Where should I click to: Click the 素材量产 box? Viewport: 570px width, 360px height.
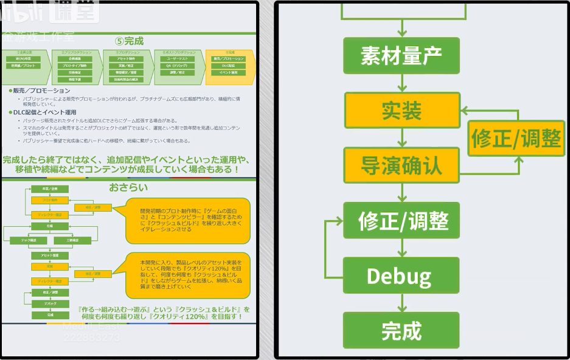tap(401, 56)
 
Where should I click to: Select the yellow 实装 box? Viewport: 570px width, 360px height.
tap(401, 111)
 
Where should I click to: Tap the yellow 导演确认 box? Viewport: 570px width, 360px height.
tap(401, 165)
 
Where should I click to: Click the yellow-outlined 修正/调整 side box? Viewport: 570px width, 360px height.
tap(516, 138)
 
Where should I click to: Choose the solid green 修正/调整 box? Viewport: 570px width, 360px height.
tap(401, 220)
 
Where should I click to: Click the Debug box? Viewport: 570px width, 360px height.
tap(401, 276)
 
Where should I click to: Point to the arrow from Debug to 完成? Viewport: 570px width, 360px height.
tap(401, 303)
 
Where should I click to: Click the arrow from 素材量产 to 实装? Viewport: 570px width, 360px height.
tap(401, 83)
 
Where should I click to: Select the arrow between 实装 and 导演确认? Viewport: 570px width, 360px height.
tap(401, 138)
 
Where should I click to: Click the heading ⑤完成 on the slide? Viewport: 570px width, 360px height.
tap(129, 41)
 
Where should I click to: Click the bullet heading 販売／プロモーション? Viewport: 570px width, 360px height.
tap(41, 91)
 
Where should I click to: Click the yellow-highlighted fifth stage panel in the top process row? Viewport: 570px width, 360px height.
tap(231, 66)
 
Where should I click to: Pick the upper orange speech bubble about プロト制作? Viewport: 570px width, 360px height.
tap(187, 220)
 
